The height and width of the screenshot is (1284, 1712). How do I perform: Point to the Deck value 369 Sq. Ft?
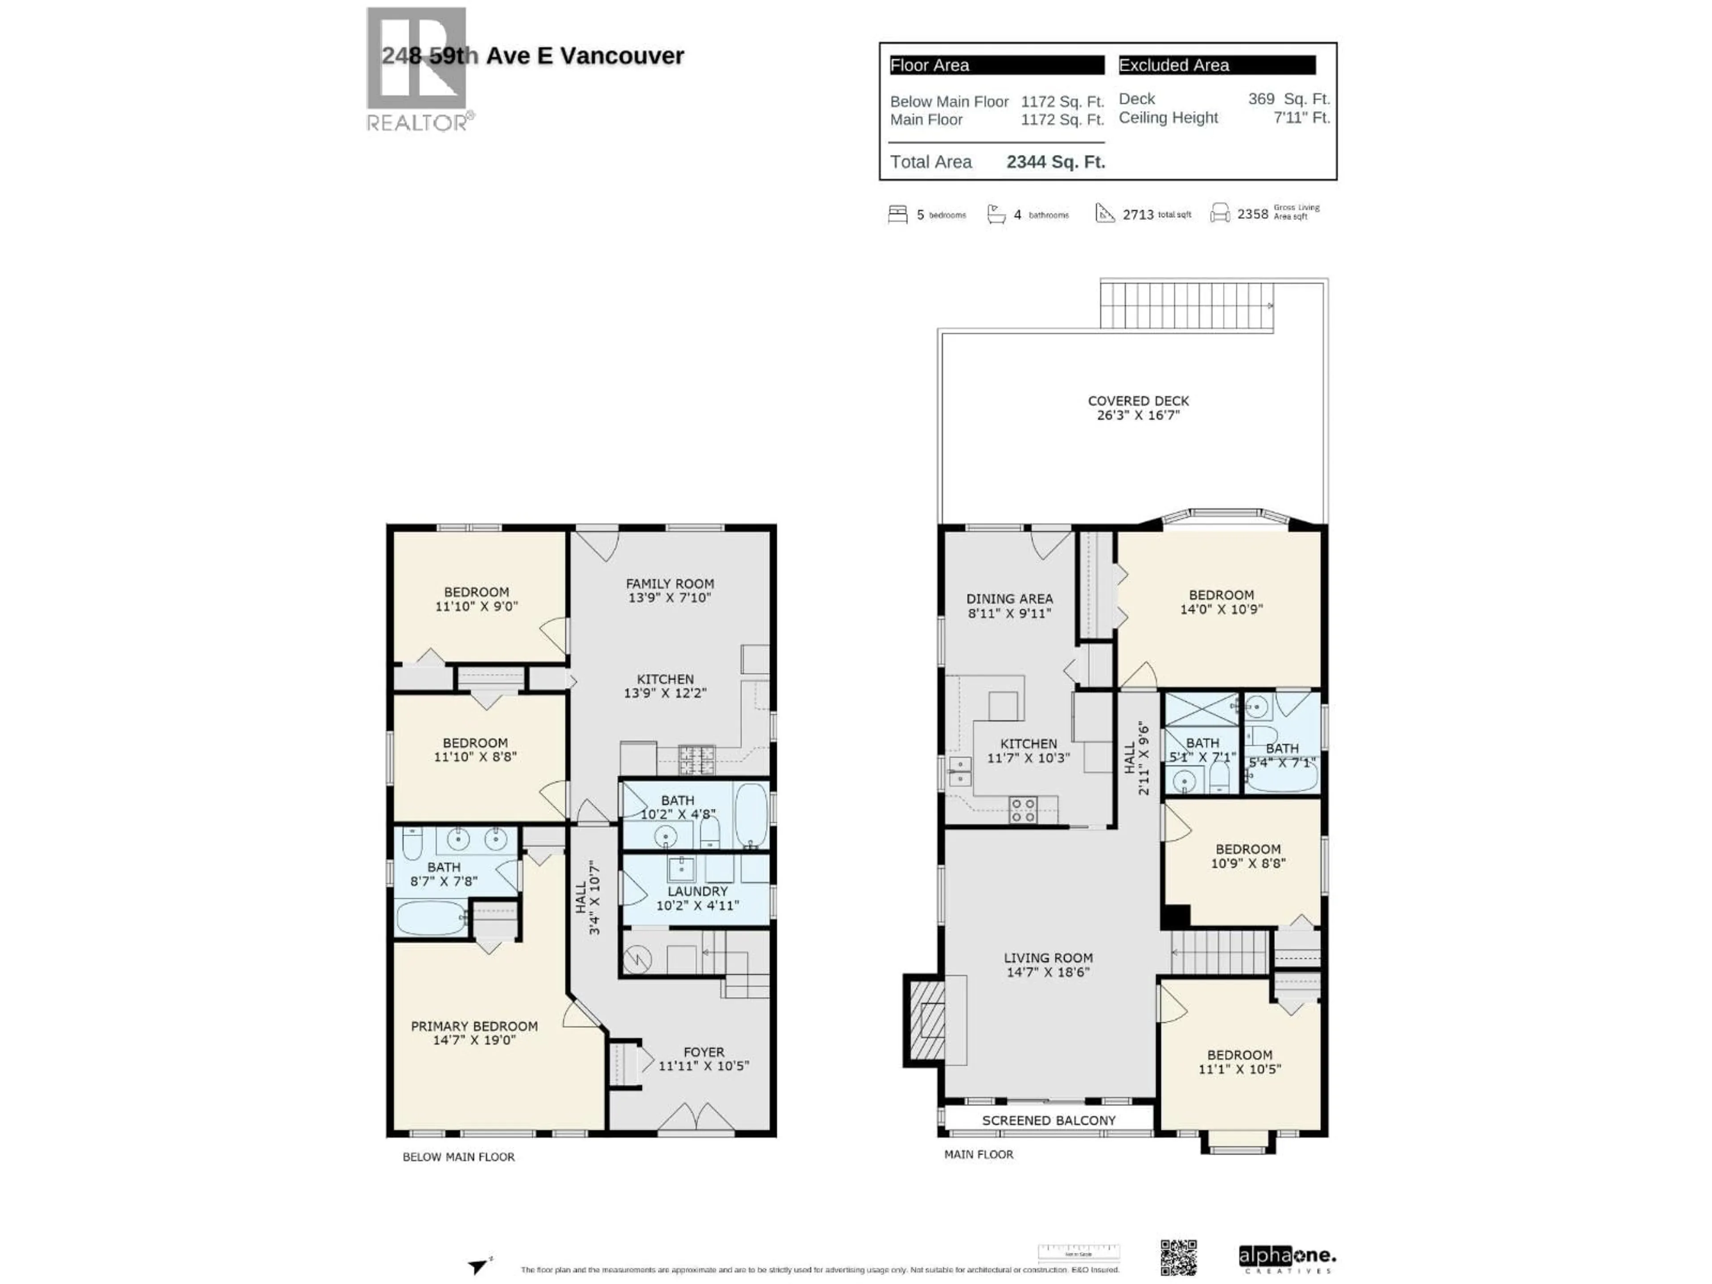pos(1288,99)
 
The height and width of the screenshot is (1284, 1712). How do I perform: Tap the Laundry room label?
pos(697,898)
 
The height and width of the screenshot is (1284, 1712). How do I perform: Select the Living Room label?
pos(1048,964)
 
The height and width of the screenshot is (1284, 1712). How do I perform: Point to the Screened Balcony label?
pos(1049,1120)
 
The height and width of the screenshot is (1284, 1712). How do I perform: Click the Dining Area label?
pos(1009,605)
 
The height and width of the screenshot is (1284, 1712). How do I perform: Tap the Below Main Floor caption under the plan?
pos(458,1156)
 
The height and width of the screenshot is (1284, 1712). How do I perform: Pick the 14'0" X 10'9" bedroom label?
pos(1221,601)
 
